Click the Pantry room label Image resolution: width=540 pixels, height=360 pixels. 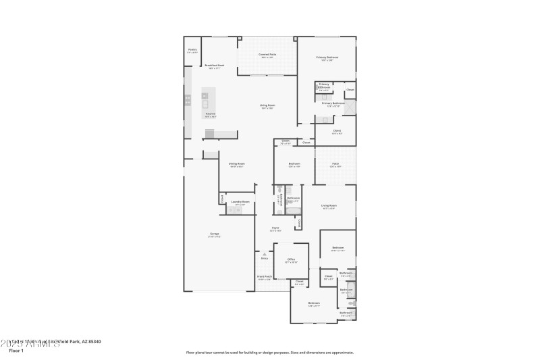pos(192,50)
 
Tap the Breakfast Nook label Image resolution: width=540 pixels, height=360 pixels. pos(215,66)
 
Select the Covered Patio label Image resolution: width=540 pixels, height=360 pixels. pos(268,55)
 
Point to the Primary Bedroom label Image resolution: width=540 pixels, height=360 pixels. pos(327,58)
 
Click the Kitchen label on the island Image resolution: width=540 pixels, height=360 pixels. pos(211,113)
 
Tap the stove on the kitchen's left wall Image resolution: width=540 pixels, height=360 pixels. pos(188,101)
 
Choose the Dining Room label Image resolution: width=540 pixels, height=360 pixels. pos(236,164)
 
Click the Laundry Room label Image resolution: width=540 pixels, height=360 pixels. pos(240,202)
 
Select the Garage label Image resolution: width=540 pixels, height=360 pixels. pos(215,235)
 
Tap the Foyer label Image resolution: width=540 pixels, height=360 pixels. pos(275,229)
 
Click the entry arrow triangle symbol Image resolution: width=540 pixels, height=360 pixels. pos(264,254)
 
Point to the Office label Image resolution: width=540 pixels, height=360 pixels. pos(291,259)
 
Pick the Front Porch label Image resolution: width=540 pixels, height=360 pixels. pos(264,277)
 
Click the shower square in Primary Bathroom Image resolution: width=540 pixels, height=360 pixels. pos(350,107)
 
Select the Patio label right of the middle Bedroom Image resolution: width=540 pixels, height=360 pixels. pos(335,164)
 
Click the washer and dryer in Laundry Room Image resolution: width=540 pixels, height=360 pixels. pos(234,211)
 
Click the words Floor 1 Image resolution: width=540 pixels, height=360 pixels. pos(16,351)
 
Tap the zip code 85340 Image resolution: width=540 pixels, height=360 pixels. pos(93,342)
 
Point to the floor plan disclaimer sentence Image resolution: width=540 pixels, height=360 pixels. pos(269,352)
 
